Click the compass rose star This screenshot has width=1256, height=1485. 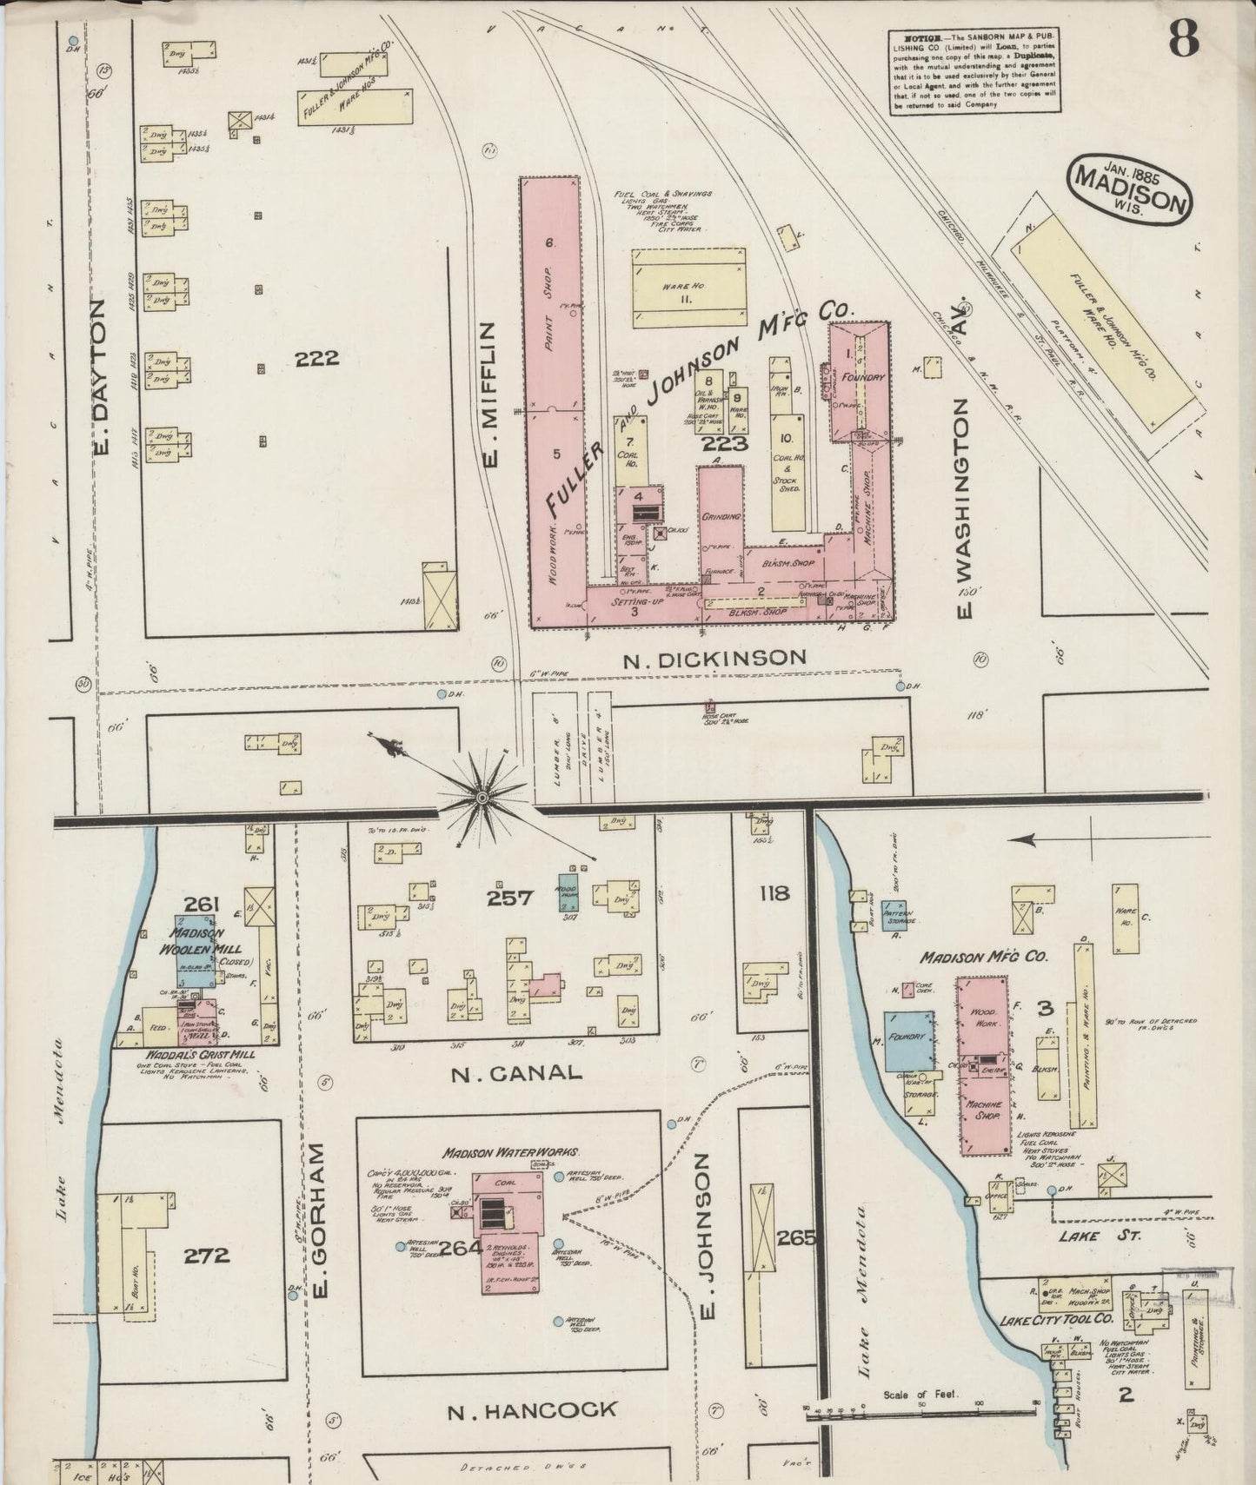[481, 795]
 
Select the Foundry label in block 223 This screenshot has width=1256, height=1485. [868, 378]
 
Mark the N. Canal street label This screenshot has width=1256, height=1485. [516, 1072]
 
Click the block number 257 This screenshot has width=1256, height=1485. [509, 897]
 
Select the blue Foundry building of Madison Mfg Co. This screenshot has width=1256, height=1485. [909, 1040]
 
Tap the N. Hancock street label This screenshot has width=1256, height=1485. [532, 1410]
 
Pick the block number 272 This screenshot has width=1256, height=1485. [207, 1255]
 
